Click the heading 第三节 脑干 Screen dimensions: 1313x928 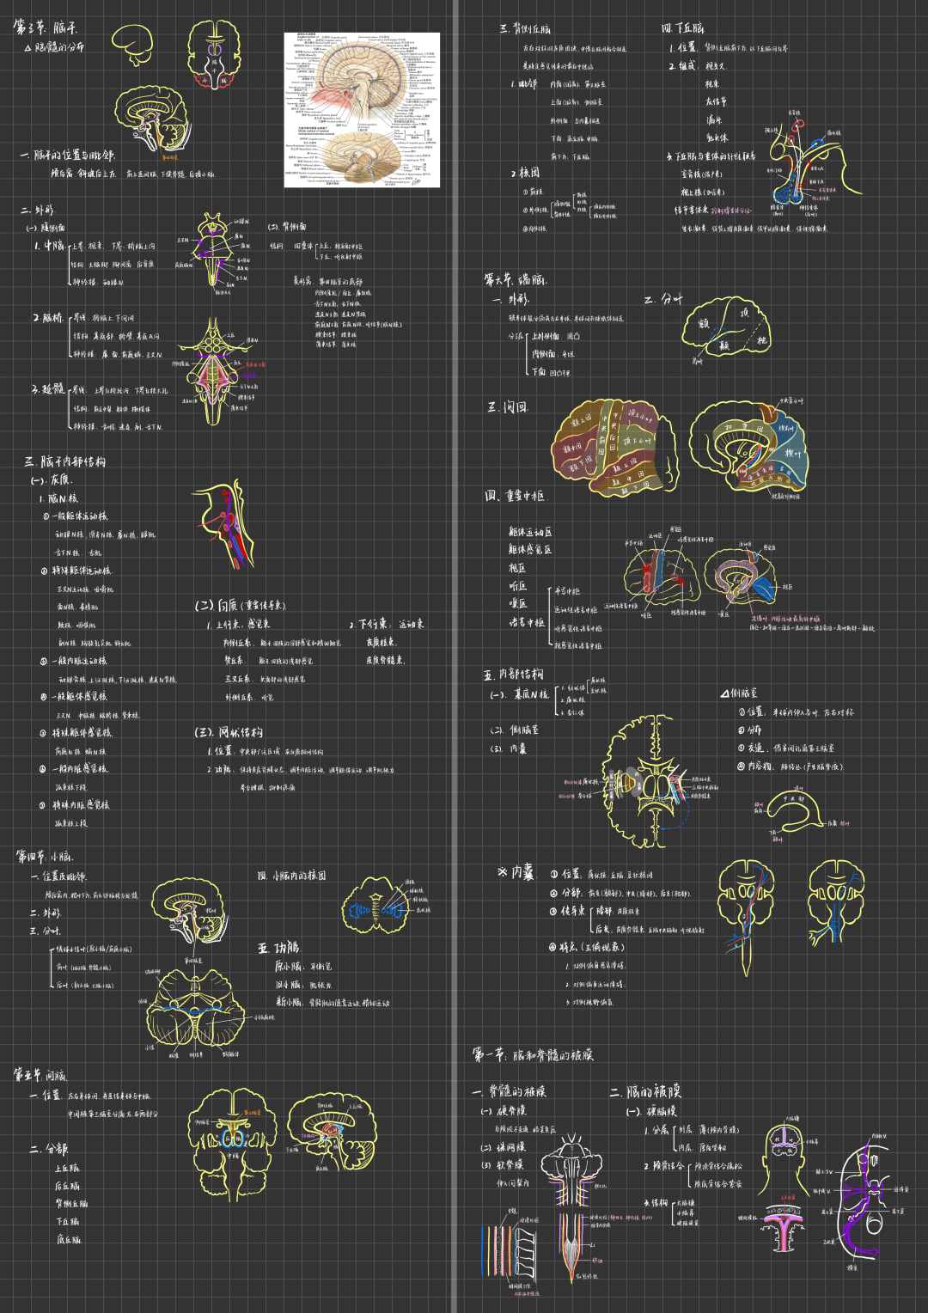[45, 27]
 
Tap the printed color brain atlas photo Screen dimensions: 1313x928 [362, 110]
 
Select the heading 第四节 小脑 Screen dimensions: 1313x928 [45, 856]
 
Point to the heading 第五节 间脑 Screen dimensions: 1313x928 [40, 1075]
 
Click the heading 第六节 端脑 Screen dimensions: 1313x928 [516, 279]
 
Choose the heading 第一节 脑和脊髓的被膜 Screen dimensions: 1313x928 [533, 1055]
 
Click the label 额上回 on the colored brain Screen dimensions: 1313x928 [583, 422]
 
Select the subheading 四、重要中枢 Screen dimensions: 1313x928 [515, 496]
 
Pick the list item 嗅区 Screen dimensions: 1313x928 [517, 604]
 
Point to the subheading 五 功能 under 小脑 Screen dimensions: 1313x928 [278, 948]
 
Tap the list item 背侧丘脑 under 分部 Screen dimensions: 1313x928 [71, 1204]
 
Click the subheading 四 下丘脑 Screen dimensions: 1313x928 [682, 28]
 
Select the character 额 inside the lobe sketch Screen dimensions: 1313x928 [703, 324]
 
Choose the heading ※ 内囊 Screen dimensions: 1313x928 [516, 873]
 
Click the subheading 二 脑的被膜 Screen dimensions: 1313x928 [645, 1091]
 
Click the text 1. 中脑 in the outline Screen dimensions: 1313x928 [50, 246]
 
